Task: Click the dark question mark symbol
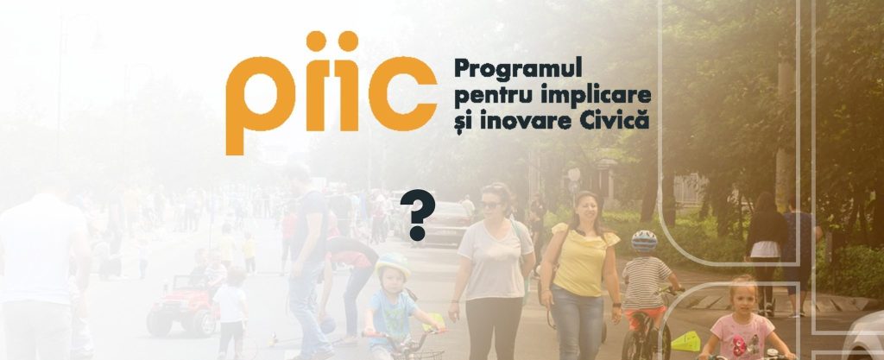tap(418, 215)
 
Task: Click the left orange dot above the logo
tap(316, 41)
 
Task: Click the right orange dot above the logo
tap(348, 41)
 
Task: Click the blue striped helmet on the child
tap(644, 241)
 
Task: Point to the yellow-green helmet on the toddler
tap(393, 265)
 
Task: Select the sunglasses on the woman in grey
tap(490, 205)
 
